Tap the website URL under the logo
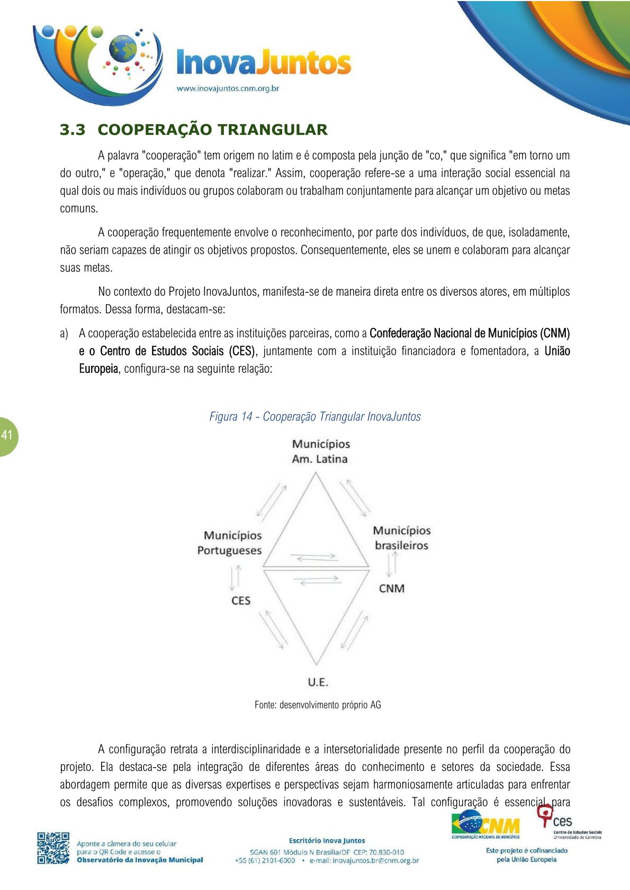click(228, 88)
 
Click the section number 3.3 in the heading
click(73, 130)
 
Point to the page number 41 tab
click(7, 436)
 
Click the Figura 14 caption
click(315, 417)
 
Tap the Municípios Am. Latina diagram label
click(320, 452)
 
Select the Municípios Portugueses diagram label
click(230, 543)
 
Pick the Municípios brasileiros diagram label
click(402, 538)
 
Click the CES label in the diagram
click(241, 601)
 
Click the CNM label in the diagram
click(392, 589)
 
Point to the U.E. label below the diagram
click(318, 682)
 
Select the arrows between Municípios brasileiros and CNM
click(392, 564)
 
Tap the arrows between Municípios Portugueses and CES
click(236, 577)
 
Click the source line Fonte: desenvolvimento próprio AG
click(318, 705)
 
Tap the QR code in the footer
click(53, 848)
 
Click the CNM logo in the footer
click(485, 825)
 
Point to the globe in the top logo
click(122, 49)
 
